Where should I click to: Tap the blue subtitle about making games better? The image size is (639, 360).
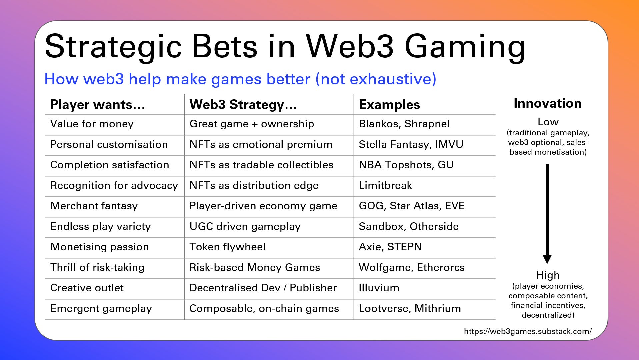coord(240,79)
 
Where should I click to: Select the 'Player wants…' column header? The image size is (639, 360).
coord(97,105)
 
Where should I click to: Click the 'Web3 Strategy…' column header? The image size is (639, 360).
coord(243,105)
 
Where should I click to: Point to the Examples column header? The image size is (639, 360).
coord(389,105)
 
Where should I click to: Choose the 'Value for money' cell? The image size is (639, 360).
coord(92,124)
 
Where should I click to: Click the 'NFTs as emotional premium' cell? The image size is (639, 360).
coord(261,144)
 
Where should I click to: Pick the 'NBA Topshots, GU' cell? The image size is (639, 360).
coord(406,165)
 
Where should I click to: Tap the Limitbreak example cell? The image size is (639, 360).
coord(385,185)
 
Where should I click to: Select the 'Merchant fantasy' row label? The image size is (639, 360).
coord(94,206)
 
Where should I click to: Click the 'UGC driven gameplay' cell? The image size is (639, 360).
coord(245,227)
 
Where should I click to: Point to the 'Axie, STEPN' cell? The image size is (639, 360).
coord(390,247)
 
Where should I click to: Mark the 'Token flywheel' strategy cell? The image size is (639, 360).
coord(227,247)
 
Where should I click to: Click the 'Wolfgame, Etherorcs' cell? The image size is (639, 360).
coord(411,267)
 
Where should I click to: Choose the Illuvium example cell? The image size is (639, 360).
coord(379,288)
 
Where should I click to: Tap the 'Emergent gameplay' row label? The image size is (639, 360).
coord(101,309)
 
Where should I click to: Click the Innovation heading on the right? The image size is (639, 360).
coord(547,103)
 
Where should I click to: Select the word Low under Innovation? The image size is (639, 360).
coord(548,122)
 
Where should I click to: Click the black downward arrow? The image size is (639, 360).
coord(547,213)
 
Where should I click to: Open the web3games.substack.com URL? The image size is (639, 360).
coord(528,331)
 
